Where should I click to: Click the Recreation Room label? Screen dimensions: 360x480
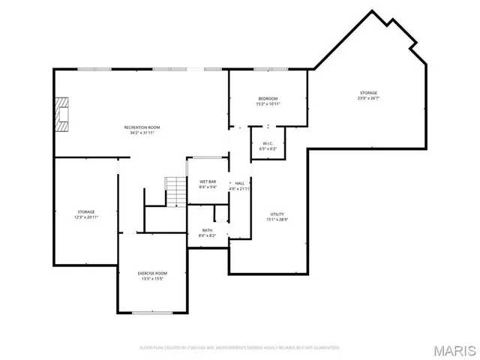142,127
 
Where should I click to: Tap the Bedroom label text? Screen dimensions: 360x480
268,99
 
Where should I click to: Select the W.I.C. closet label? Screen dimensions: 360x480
268,143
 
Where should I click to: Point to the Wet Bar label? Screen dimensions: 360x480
208,182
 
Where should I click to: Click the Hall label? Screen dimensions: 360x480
240,183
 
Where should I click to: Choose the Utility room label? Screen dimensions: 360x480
277,214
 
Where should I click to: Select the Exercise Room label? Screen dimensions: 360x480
151,273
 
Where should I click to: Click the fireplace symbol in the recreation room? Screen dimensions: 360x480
61,114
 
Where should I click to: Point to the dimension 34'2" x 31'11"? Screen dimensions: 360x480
142,133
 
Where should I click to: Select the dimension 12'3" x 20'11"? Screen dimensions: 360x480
86,217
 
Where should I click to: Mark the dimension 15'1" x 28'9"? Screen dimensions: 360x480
277,220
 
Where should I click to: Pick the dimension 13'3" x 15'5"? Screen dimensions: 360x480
151,279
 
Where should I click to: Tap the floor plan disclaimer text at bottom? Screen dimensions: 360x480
240,348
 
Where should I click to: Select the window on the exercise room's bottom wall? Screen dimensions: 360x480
152,312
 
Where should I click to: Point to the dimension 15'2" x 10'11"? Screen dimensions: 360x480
268,104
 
